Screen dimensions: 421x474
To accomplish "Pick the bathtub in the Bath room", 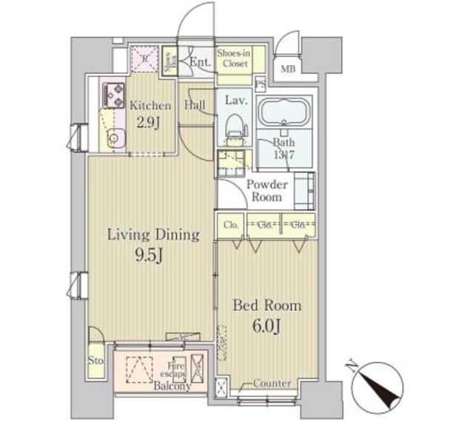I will pos(284,112).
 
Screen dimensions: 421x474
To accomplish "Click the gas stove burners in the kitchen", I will pos(114,95).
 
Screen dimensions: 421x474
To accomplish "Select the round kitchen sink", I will pos(116,137).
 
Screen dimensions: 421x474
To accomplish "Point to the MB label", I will pos(287,71).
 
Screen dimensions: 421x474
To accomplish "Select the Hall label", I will pos(196,106).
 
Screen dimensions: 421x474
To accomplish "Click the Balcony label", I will pos(173,386).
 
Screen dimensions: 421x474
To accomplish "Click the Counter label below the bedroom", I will pos(271,383).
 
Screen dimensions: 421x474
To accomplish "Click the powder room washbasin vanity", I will pos(304,190).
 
